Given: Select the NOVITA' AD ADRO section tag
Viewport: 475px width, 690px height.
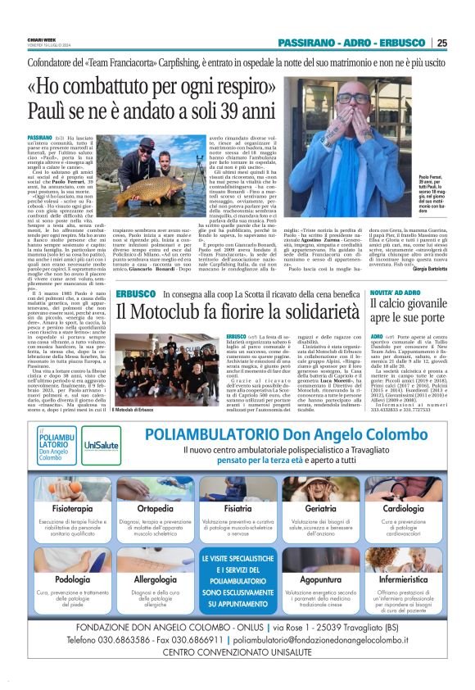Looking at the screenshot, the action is (x=378, y=293).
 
